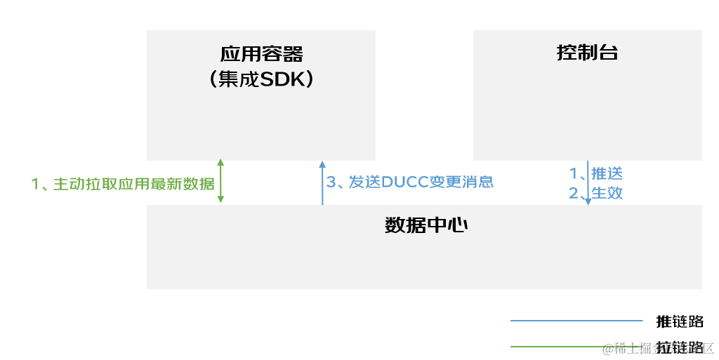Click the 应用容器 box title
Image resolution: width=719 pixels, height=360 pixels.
[x=261, y=55]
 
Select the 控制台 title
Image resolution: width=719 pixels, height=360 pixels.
[x=587, y=53]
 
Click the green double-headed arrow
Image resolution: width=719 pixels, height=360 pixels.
[x=220, y=181]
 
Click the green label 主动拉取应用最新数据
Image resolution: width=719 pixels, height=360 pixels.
[x=123, y=184]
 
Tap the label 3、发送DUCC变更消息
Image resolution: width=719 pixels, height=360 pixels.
[x=410, y=182]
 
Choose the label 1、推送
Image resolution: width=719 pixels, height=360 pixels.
[x=595, y=173]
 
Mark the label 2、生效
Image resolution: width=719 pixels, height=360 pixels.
[x=595, y=193]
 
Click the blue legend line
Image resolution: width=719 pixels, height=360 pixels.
[x=576, y=321]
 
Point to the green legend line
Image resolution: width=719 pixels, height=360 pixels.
[x=555, y=346]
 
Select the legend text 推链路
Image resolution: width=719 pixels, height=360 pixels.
[x=680, y=321]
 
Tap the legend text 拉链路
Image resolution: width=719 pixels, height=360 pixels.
[x=680, y=347]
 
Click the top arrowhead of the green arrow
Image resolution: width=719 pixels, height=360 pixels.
[x=220, y=163]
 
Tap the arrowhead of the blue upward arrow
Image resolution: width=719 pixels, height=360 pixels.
[x=322, y=164]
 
